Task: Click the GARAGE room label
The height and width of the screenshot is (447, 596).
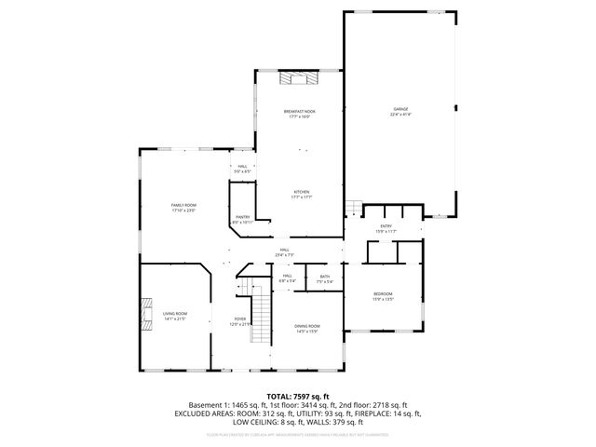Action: coord(400,110)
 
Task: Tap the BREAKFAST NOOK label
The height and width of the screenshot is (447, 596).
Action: coord(300,111)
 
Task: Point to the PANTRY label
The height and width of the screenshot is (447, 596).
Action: coord(241,218)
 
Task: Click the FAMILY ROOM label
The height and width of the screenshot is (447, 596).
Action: coord(183,205)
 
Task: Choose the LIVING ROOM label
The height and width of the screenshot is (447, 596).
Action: coord(175,314)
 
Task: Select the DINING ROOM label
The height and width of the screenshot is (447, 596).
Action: coord(307,326)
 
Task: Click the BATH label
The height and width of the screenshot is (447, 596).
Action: coord(325,277)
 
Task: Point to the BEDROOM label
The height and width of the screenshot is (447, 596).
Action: coord(384,294)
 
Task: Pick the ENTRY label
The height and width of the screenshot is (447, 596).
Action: coord(386,226)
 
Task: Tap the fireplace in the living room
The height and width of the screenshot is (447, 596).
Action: coord(144,314)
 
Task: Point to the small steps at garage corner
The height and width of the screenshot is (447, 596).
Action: coord(351,207)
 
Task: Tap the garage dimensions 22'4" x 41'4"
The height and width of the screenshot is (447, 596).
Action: coord(400,115)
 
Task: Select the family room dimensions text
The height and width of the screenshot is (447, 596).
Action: coord(183,210)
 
